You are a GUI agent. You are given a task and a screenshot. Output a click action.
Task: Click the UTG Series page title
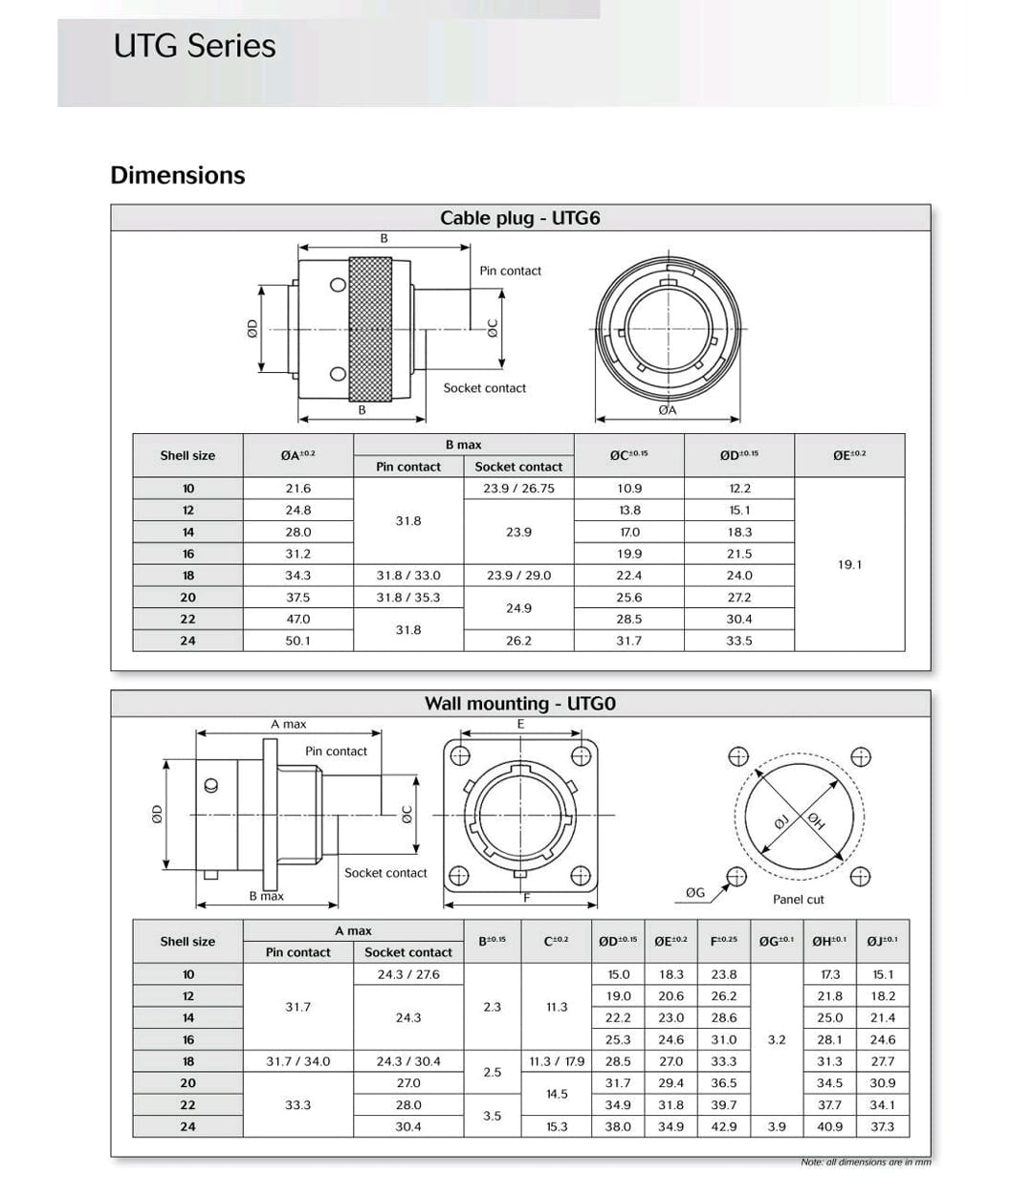[194, 47]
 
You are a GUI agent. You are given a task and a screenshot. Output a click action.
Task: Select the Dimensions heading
[178, 175]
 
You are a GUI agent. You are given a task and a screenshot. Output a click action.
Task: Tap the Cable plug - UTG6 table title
[519, 218]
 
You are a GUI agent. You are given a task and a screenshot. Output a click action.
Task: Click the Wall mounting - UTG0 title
[519, 704]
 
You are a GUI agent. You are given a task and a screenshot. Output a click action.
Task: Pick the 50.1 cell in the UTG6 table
[297, 641]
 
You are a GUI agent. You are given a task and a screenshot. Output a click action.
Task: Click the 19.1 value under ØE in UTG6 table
[849, 564]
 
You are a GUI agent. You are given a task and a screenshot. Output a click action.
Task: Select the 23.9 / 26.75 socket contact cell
[518, 489]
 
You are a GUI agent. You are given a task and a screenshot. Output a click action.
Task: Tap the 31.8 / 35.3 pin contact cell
[408, 598]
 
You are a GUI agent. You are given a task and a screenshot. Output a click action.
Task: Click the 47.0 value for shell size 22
[297, 619]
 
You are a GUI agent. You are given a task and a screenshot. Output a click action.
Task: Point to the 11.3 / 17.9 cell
[557, 1061]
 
